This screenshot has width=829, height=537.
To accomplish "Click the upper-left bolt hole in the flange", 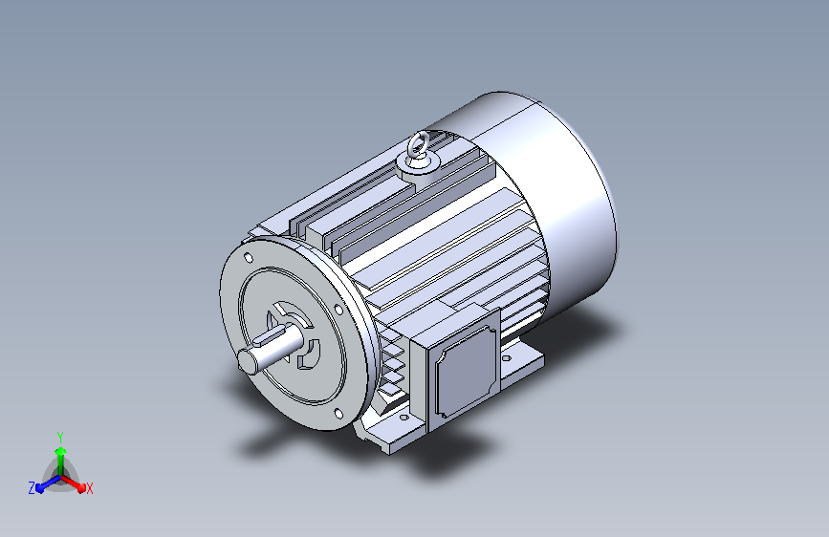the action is [248, 258].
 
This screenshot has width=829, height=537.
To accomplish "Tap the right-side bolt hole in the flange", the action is [338, 310].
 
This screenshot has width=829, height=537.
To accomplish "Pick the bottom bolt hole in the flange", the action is [338, 414].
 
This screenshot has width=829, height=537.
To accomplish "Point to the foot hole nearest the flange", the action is [404, 418].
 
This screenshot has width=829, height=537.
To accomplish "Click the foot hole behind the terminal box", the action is [506, 357].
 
